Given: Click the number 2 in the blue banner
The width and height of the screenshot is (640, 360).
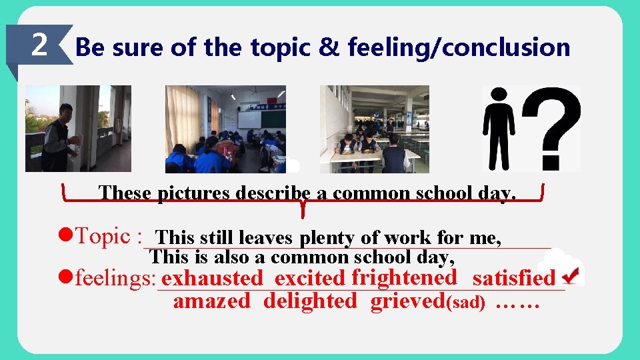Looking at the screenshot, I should pos(39,45).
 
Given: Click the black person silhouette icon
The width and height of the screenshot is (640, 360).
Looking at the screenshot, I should pos(499,129).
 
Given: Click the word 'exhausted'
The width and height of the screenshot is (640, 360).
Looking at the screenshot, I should pos(212,278).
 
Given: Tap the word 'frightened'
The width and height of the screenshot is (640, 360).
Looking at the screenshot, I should pos(404,277).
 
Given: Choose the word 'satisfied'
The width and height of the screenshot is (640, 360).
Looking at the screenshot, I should pos(513,277).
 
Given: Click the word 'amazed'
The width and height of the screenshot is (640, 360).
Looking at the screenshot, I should pos(211,301).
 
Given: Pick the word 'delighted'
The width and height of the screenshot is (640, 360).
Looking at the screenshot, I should pos(310,301).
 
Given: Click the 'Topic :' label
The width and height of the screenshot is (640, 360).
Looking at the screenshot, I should pos(109,236).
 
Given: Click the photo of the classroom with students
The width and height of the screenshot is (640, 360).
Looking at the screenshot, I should pos(225,129).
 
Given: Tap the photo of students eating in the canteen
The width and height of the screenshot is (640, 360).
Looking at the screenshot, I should pos(374,129).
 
